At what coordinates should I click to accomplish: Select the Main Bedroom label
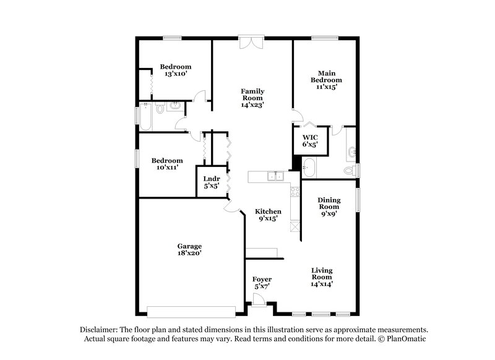[326, 75]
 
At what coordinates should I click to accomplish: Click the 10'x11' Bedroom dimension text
[167, 167]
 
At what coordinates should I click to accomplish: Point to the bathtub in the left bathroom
[145, 117]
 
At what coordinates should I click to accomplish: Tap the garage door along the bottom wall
[191, 311]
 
